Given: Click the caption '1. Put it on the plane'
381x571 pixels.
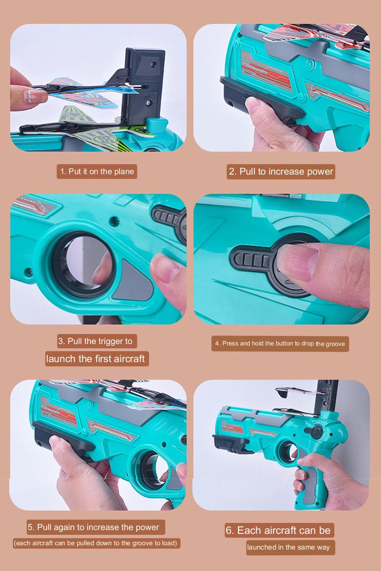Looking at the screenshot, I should [x=97, y=171].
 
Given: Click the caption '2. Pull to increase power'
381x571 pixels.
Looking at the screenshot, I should [x=281, y=171].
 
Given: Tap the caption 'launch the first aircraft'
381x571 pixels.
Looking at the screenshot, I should [x=95, y=358].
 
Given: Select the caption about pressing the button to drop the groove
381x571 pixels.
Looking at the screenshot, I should [x=280, y=344].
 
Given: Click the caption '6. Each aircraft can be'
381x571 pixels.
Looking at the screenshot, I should [x=279, y=530].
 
